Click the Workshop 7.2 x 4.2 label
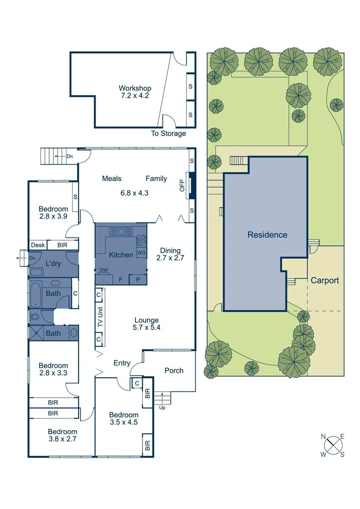click(x=135, y=92)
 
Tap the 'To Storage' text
click(x=168, y=133)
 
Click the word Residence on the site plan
click(x=267, y=235)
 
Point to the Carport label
click(x=325, y=280)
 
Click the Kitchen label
click(x=121, y=255)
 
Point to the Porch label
click(x=174, y=370)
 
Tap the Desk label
click(x=37, y=245)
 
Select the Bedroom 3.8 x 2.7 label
click(x=62, y=435)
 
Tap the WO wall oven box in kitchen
click(x=141, y=253)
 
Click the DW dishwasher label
click(x=103, y=270)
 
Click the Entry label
click(x=122, y=363)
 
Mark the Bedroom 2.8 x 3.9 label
click(x=53, y=213)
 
